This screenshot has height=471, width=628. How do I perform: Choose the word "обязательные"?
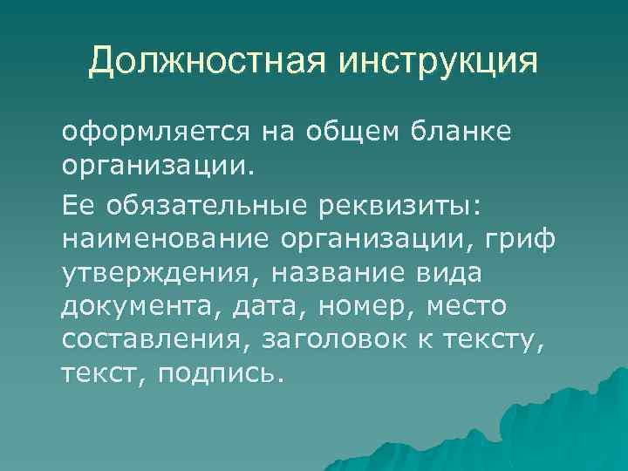coord(201,204)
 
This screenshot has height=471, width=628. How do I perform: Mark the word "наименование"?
coord(165,240)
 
